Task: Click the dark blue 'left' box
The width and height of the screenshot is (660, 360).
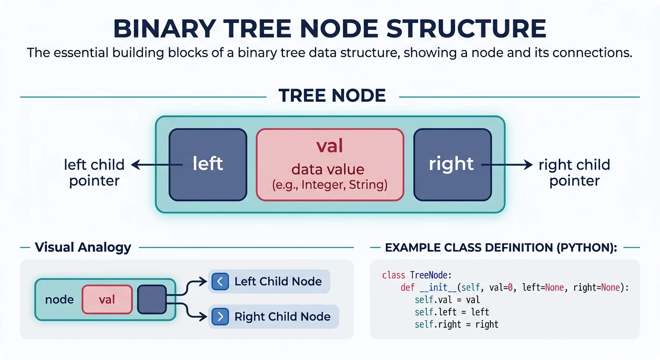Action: pos(208,164)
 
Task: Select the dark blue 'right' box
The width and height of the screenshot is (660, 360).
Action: pos(452,164)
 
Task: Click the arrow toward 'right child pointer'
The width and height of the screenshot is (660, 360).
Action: pos(509,165)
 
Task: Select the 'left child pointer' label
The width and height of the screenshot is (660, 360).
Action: pos(94,172)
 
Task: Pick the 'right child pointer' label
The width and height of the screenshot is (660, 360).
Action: pos(574,172)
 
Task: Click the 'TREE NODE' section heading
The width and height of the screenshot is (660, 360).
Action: pos(332,96)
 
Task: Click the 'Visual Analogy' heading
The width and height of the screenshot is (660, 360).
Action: pos(83,247)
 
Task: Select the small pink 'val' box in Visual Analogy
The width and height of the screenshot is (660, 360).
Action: pos(107,299)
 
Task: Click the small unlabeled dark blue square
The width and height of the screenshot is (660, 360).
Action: pos(152,299)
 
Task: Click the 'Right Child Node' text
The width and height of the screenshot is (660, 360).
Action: pos(282,316)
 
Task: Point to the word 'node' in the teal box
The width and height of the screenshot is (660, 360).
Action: pos(60,300)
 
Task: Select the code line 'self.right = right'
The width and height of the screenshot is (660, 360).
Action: pos(456,324)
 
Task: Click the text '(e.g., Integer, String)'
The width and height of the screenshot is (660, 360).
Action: pos(330,185)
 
